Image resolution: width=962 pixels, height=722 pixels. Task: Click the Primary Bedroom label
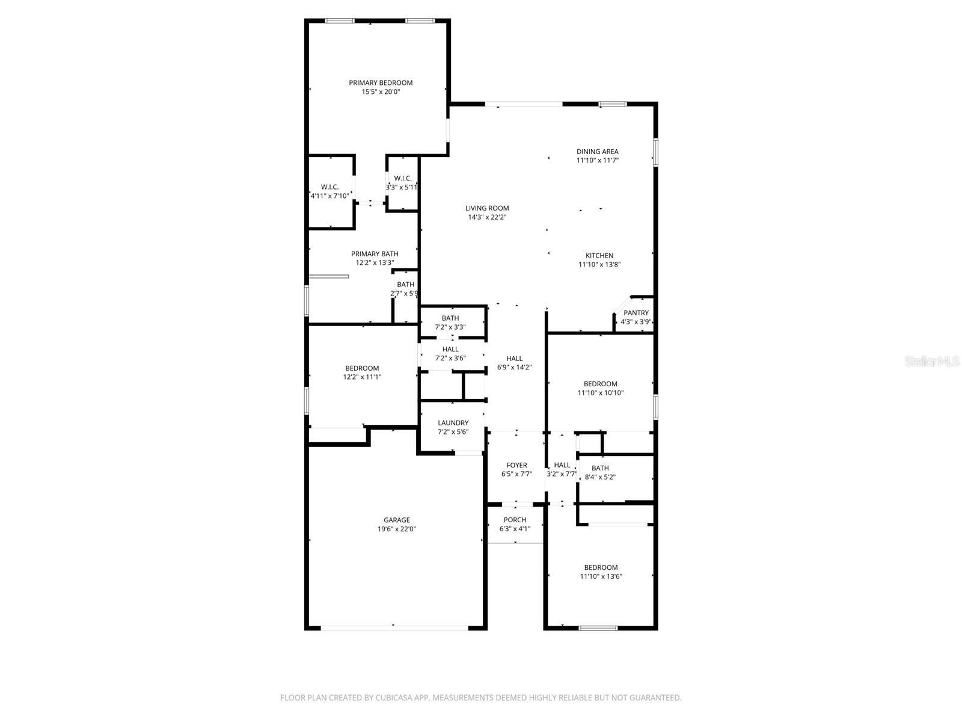(x=381, y=83)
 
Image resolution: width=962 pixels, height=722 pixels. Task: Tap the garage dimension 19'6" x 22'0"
(x=397, y=529)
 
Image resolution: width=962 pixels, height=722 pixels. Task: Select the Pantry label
(x=636, y=313)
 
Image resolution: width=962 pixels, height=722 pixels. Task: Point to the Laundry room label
(x=453, y=423)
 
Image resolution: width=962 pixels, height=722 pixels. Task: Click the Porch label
(x=515, y=520)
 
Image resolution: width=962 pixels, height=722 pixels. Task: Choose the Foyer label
(x=516, y=465)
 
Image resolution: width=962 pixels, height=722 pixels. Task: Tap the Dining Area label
(x=597, y=152)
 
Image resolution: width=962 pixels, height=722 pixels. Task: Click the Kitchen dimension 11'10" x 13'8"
(x=599, y=265)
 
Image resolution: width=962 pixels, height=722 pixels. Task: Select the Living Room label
(x=486, y=208)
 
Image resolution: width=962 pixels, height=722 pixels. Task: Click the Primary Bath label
(x=375, y=254)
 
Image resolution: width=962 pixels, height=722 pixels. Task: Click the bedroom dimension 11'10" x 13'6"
(x=601, y=576)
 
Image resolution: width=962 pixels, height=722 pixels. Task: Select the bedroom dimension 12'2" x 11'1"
(x=362, y=377)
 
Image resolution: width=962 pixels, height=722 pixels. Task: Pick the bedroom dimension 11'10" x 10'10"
(x=600, y=393)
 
